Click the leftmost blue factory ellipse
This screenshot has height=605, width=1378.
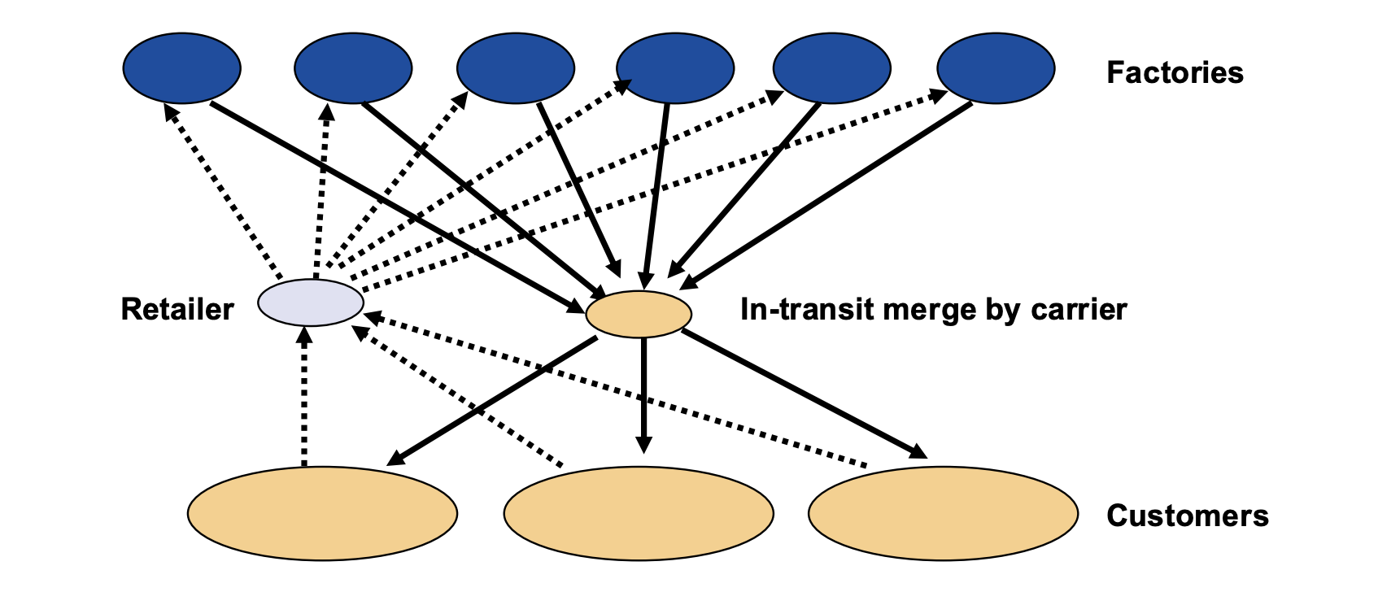click(x=182, y=68)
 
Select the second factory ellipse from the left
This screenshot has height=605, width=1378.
click(x=353, y=68)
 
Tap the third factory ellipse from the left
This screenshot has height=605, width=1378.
click(x=516, y=68)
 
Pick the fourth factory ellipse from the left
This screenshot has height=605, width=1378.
click(x=675, y=68)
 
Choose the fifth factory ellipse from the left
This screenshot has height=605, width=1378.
click(x=831, y=68)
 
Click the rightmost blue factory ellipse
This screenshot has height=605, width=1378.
click(x=996, y=68)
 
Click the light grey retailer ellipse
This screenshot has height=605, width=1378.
click(x=311, y=302)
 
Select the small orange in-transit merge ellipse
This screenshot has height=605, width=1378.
click(x=639, y=313)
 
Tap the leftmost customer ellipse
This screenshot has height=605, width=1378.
click(x=322, y=513)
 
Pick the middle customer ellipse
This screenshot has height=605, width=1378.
click(x=639, y=513)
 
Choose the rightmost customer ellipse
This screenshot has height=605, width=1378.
click(x=943, y=513)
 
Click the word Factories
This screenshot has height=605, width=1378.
click(x=1175, y=73)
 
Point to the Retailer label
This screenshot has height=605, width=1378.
click(x=177, y=310)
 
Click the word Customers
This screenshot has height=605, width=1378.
click(x=1187, y=516)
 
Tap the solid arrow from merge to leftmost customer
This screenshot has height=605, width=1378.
click(x=492, y=401)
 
